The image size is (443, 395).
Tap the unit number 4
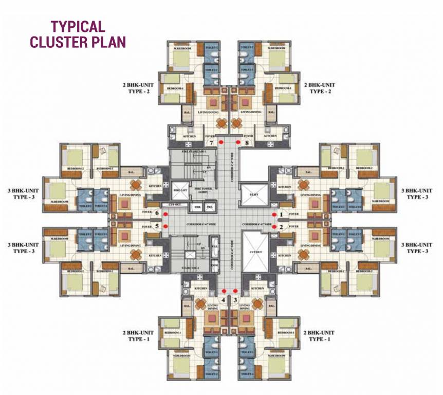pyautogui.click(x=223, y=299)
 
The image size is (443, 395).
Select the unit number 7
pyautogui.click(x=210, y=143)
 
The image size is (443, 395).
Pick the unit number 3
pyautogui.click(x=235, y=299)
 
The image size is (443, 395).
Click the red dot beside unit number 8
pyautogui.click(x=238, y=141)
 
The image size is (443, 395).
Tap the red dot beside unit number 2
pyautogui.click(x=274, y=226)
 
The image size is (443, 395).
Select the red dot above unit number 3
pyautogui.click(x=235, y=291)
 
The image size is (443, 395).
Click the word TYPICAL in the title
pyautogui.click(x=77, y=27)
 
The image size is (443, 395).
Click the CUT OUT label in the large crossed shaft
pyautogui.click(x=256, y=253)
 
